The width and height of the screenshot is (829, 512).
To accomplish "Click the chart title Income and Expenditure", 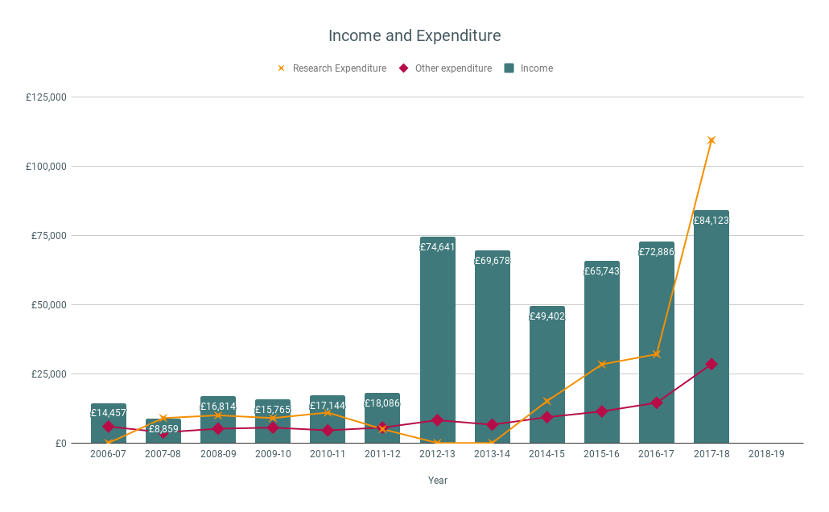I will (414, 36).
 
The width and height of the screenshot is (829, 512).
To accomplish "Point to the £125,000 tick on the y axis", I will (47, 97).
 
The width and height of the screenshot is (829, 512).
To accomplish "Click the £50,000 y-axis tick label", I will (49, 305).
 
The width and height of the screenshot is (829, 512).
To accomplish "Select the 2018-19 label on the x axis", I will (765, 454).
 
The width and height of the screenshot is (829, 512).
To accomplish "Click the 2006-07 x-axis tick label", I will (108, 454).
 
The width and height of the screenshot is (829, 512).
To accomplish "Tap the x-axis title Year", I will (438, 481).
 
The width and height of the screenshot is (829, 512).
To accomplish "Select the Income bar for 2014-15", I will (546, 378).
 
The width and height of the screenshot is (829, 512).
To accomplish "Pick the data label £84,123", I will (711, 221).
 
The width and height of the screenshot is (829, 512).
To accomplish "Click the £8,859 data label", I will (163, 429).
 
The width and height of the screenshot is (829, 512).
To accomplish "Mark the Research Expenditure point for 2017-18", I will (711, 140).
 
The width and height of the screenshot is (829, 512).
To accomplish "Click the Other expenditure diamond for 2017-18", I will (711, 364).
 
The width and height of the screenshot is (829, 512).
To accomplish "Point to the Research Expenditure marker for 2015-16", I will (602, 364).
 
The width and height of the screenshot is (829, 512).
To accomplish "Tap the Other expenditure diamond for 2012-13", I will (437, 420).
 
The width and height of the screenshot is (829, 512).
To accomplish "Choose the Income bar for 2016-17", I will (656, 322).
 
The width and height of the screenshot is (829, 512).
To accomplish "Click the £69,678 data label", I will (492, 261).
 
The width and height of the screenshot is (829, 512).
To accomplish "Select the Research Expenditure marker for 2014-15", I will (547, 401).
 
